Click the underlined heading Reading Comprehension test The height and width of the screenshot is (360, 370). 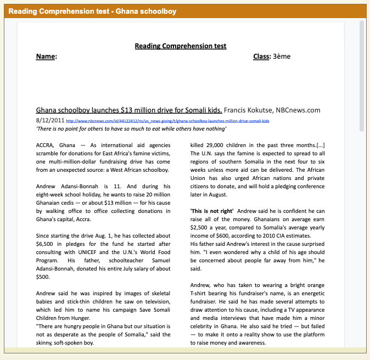[181, 46]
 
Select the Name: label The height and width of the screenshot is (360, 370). [46, 57]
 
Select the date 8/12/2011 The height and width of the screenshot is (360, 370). [50, 120]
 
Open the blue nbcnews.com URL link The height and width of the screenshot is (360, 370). [167, 120]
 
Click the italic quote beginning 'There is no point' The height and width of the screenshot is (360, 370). [131, 129]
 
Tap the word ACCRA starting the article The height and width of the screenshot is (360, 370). [46, 145]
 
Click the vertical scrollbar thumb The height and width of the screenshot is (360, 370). [361, 77]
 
